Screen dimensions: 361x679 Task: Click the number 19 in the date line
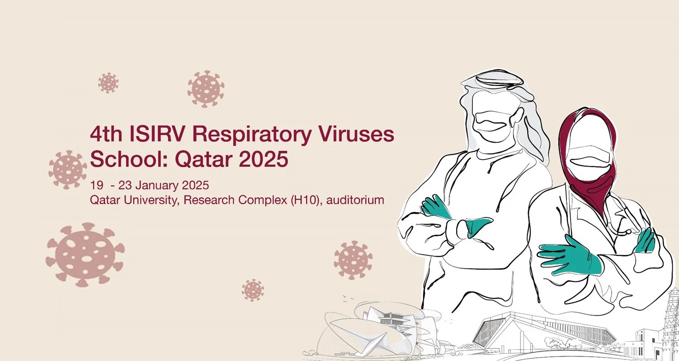click(x=96, y=185)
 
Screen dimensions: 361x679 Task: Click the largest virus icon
click(x=85, y=254)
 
